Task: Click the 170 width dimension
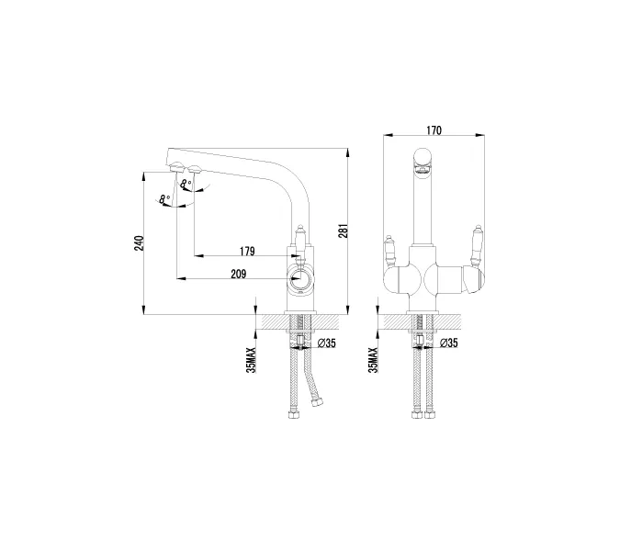[434, 130]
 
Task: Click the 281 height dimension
[343, 231]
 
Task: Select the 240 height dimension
[139, 243]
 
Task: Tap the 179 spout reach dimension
[247, 252]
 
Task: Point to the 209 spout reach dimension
[239, 274]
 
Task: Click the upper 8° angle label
[186, 185]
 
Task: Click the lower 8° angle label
[164, 199]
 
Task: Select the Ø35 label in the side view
[327, 343]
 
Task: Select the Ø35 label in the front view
[449, 343]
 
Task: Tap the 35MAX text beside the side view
[251, 360]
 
